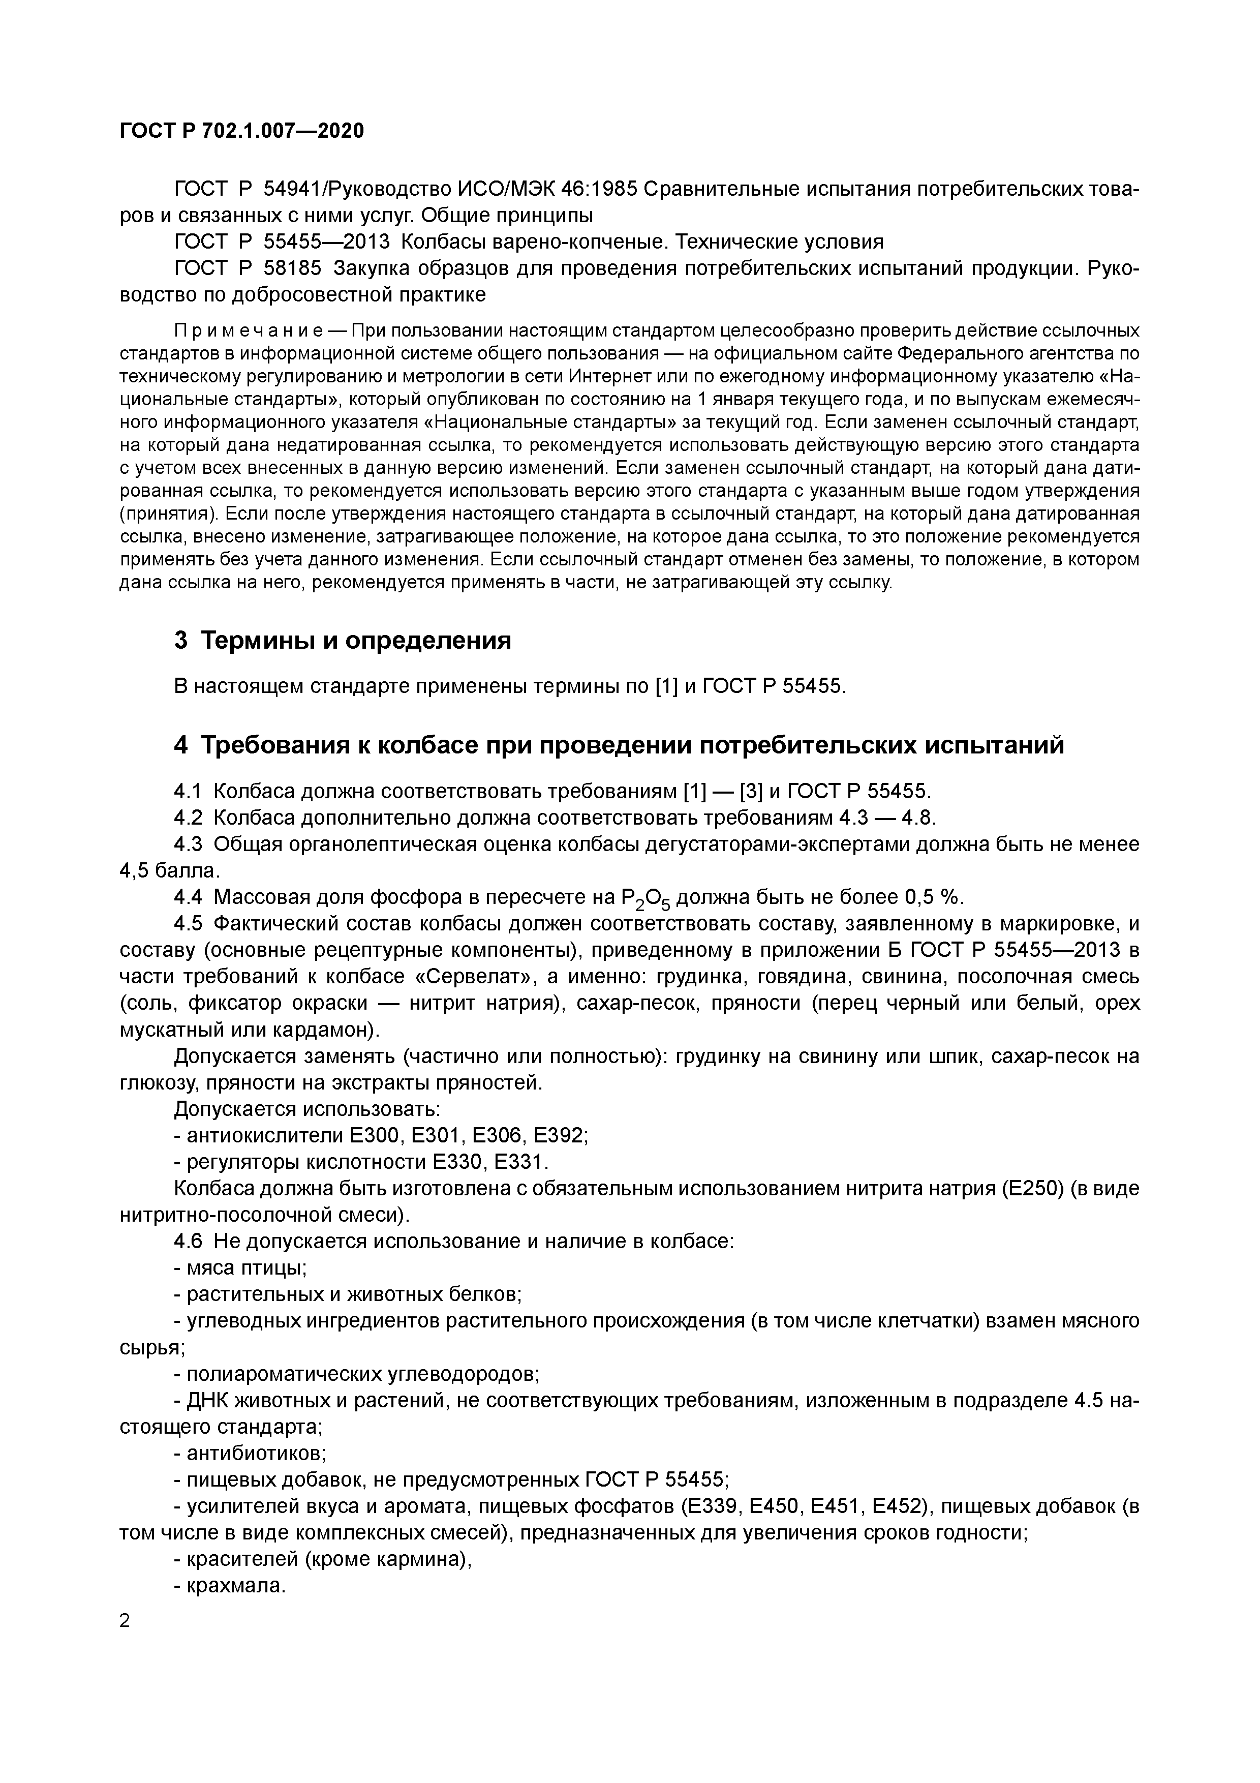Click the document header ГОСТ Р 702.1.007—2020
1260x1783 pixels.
coord(241,131)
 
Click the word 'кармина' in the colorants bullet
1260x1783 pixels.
coord(422,1559)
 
